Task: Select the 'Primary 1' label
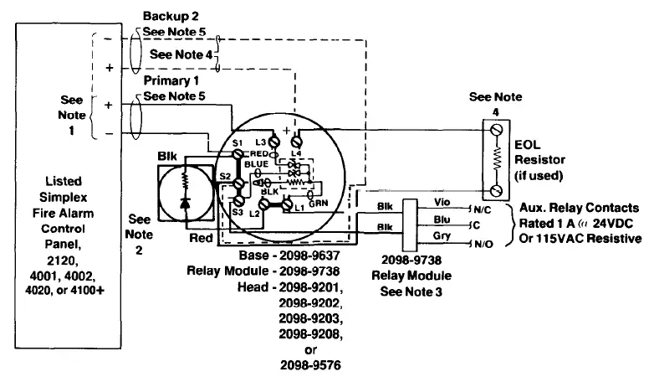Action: click(171, 81)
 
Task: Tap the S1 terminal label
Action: click(238, 145)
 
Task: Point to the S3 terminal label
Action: click(238, 213)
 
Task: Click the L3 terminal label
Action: click(261, 142)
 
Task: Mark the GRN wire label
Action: click(318, 203)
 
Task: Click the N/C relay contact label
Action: click(483, 208)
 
